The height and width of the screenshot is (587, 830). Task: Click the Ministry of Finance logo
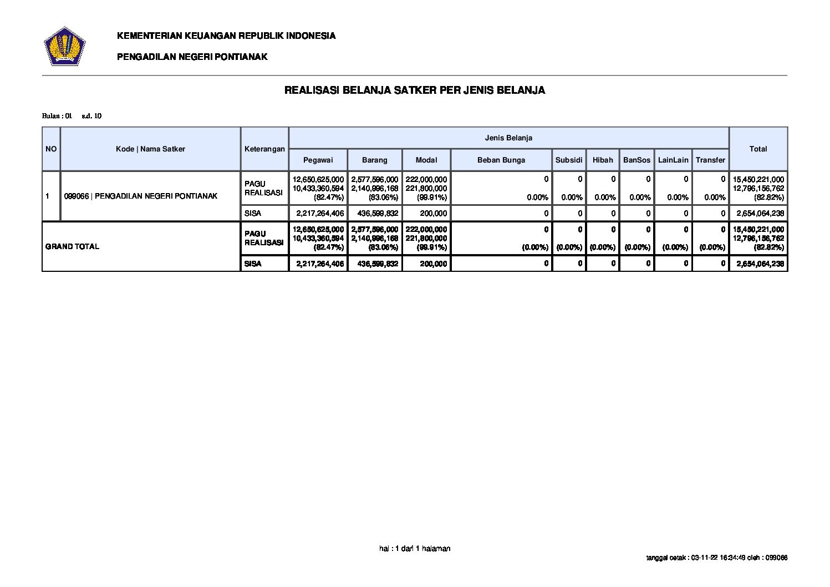coord(64,45)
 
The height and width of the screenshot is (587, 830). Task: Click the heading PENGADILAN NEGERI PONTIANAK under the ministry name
coord(192,57)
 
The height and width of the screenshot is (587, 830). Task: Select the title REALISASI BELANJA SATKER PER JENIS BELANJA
coord(414,90)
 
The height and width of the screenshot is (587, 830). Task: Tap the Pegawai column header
coord(318,160)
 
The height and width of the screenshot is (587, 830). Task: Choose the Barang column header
coord(374,160)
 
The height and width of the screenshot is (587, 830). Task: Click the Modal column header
coord(426,160)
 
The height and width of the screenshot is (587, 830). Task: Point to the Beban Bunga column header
coord(501,160)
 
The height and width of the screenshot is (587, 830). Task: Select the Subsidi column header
coord(569,160)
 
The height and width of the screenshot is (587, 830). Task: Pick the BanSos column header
coord(636,160)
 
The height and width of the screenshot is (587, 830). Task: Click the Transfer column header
coord(710,160)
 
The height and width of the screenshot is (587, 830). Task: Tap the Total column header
coord(758,149)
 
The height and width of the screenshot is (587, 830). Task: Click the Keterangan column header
coord(264,149)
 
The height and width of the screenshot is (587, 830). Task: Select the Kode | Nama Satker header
coord(150,149)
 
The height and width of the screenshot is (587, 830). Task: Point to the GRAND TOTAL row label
coord(72,246)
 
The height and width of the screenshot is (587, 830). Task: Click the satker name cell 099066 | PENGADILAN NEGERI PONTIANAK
coord(141,196)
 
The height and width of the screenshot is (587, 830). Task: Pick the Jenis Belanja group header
coord(508,138)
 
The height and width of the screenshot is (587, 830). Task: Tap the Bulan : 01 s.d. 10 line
coord(72,116)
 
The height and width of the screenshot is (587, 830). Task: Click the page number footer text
coord(415,548)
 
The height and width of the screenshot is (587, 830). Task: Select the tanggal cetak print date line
coord(717,558)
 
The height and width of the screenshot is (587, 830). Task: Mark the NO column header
coord(51,149)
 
